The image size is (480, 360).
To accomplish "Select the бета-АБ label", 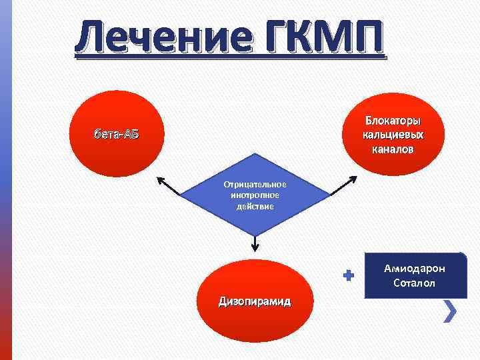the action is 116,133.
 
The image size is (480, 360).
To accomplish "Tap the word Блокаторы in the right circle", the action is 393,121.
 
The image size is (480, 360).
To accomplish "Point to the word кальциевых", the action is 393,135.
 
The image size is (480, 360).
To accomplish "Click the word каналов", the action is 393,149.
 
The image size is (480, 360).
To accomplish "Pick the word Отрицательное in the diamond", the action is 255,184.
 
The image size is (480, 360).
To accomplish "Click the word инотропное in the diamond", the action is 255,195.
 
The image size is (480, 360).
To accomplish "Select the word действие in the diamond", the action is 255,207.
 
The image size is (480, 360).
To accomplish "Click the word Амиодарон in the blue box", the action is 414,269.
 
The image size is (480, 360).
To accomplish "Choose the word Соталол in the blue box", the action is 414,283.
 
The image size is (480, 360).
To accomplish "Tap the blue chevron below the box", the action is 451,310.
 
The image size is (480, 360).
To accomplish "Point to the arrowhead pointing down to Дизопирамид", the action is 255,248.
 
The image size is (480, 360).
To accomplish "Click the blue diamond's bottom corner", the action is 255,234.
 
